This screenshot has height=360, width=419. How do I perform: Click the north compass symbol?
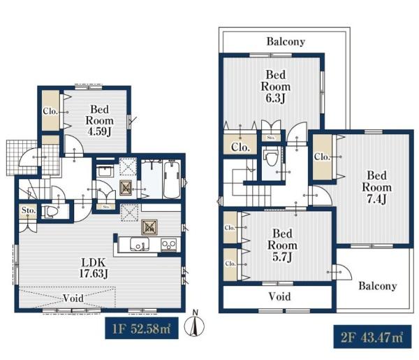(194, 324)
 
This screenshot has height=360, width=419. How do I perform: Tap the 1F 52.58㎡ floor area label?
(142, 328)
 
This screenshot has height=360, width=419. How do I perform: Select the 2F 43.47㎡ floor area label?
(372, 337)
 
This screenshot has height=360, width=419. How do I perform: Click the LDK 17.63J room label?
(94, 268)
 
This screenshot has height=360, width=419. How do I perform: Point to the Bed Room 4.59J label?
(99, 120)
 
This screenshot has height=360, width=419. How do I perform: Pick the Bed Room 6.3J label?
(276, 87)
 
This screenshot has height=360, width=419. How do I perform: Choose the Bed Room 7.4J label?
(377, 187)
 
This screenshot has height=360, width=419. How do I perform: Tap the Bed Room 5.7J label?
(282, 245)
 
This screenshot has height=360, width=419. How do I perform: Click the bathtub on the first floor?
(172, 180)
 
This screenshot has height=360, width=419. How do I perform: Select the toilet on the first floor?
(50, 212)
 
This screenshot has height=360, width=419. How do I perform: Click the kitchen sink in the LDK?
(140, 244)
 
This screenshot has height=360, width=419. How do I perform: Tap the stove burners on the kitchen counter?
(168, 245)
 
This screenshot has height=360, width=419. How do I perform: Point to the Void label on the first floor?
(73, 298)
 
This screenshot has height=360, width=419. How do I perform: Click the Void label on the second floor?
(279, 296)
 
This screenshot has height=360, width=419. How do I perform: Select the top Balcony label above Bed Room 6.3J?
(286, 41)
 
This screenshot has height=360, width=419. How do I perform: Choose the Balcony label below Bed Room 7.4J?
(377, 286)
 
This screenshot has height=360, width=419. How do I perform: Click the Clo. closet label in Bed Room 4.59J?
(50, 111)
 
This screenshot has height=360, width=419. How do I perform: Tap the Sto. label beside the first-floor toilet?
(29, 210)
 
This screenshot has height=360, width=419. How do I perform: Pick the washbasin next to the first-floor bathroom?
(105, 171)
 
